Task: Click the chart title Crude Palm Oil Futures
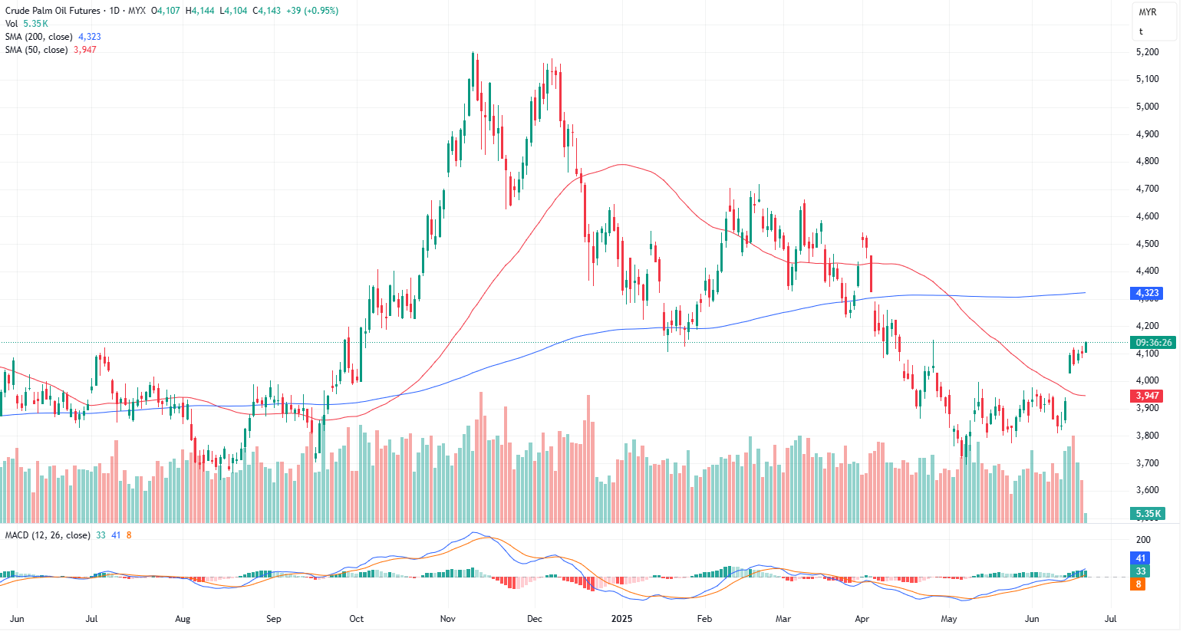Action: [53, 11]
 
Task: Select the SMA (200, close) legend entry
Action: [39, 37]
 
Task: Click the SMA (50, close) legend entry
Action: [36, 50]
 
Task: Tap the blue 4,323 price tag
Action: [1147, 293]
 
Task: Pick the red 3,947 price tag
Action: [1147, 396]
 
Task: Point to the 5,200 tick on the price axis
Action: [1147, 52]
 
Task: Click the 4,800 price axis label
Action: [1147, 162]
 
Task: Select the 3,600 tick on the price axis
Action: [1147, 490]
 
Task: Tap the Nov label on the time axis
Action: [449, 619]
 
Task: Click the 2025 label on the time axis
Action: [621, 619]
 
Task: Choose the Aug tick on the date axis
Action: [183, 619]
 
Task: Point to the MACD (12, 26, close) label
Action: [48, 535]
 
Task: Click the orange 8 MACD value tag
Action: [1139, 584]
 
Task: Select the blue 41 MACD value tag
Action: [1141, 558]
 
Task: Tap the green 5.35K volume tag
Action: [1148, 514]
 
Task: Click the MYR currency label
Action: [1147, 12]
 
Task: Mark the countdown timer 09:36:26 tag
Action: [1154, 343]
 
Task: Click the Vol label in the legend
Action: [12, 24]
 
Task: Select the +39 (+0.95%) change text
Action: [312, 11]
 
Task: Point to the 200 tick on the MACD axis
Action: [1143, 540]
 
